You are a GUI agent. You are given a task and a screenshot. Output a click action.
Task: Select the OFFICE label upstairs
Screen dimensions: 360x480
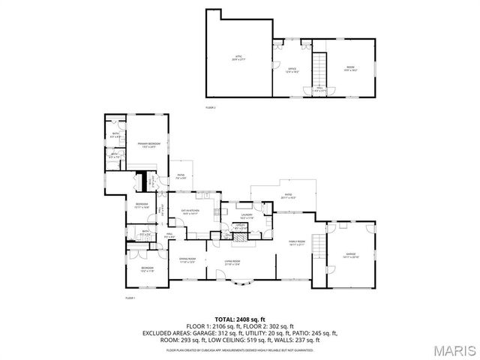[x=292, y=70]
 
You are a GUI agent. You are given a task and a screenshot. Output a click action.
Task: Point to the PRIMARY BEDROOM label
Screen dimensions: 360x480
[x=148, y=144]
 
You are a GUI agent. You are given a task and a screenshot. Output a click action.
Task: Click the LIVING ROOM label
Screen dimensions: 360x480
[x=232, y=262]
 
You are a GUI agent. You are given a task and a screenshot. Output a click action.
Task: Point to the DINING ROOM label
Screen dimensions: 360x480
[x=187, y=260]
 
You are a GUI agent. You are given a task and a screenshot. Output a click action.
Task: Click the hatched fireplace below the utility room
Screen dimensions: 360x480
[x=240, y=237]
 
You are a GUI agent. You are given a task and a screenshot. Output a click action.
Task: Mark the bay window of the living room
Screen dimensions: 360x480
[x=241, y=283]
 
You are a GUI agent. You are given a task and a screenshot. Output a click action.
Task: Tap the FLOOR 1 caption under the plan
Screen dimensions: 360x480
[x=129, y=298]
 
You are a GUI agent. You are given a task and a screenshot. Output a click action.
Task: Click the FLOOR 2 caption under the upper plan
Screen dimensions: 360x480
[x=211, y=108]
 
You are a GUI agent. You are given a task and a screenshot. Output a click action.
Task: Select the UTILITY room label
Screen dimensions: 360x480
[x=240, y=226]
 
